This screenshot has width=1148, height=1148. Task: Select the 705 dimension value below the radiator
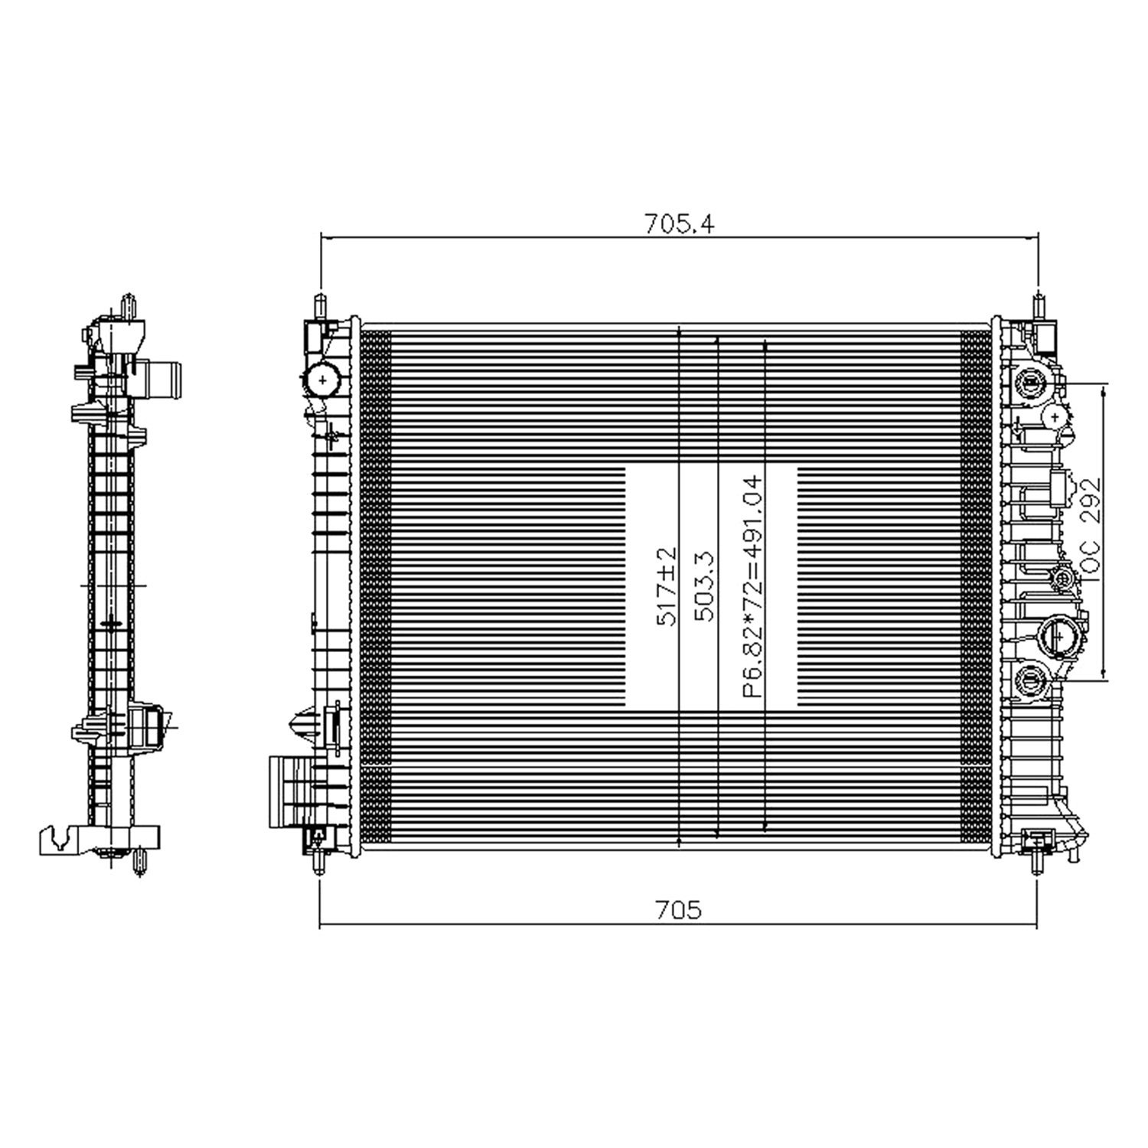pos(678,910)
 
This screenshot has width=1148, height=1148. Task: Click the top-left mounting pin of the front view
pos(320,304)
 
